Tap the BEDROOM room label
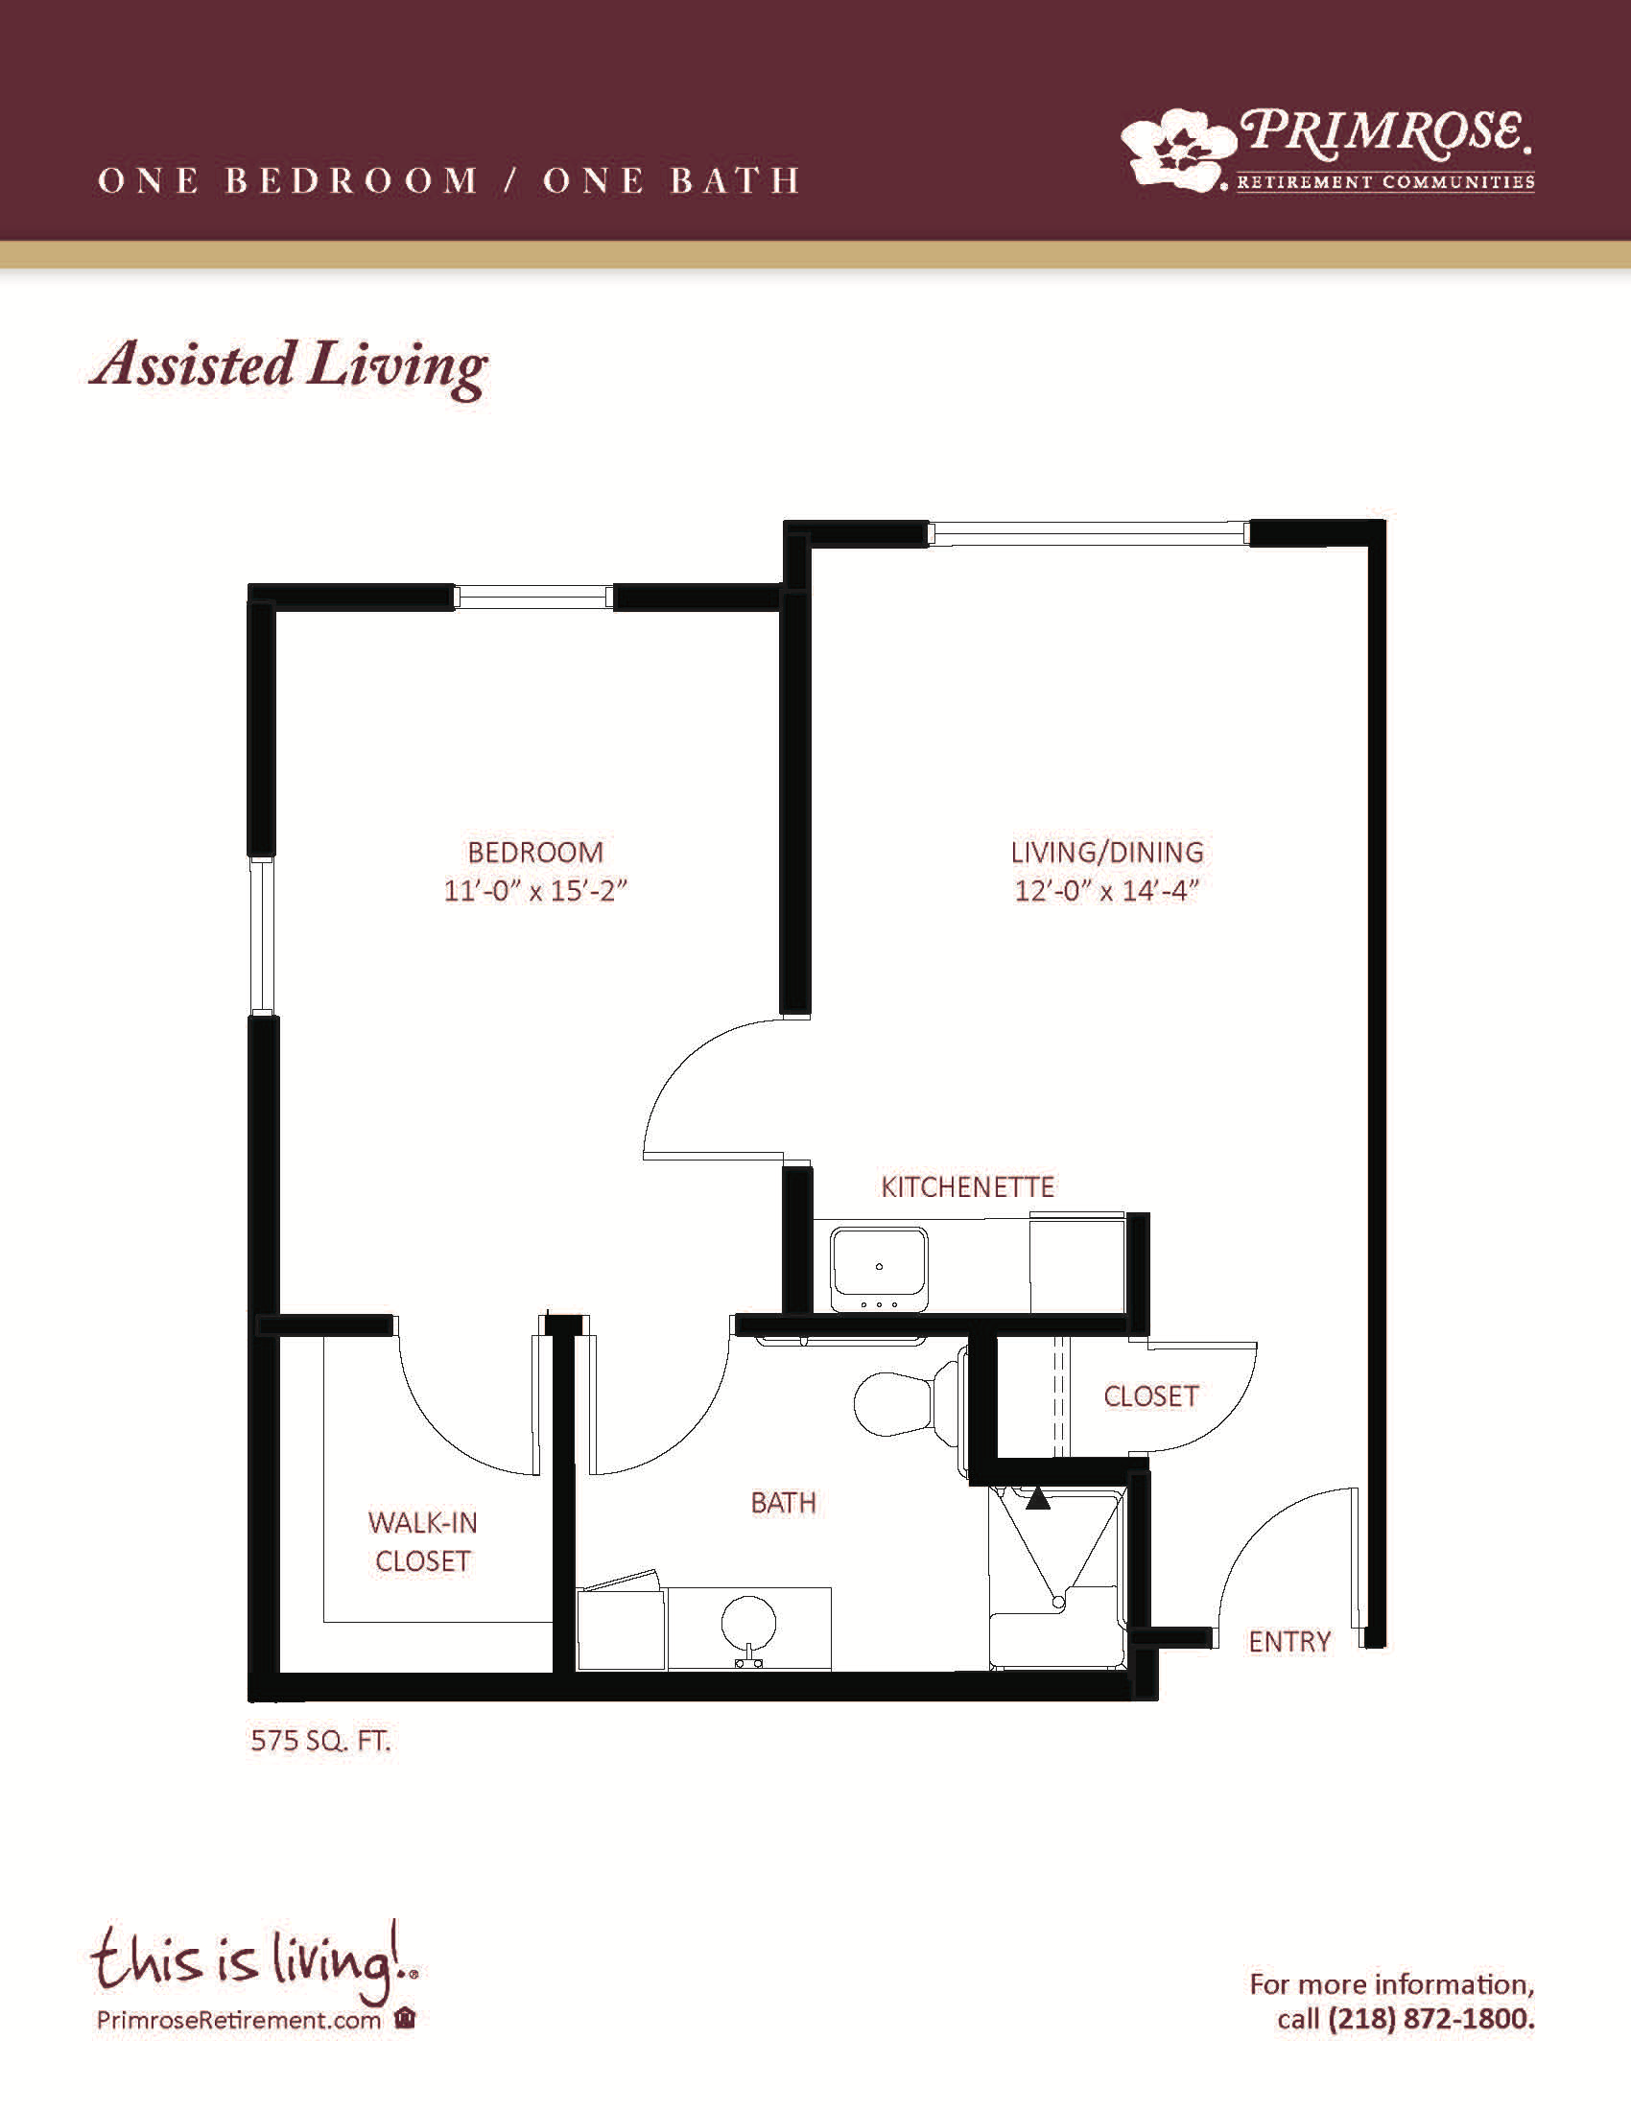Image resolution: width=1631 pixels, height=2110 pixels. (x=535, y=852)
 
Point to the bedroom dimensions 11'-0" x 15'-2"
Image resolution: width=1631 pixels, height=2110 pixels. (x=535, y=890)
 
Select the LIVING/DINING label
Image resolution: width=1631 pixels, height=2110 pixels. (x=1107, y=852)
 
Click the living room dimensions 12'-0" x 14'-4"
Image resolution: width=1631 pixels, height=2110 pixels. (x=1107, y=890)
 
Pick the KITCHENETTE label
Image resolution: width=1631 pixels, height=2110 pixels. (x=967, y=1186)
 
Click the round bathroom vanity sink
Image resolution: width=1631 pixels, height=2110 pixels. (x=748, y=1624)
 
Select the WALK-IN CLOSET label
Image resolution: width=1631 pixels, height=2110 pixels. (x=423, y=1542)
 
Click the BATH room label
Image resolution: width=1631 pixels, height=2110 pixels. (x=784, y=1502)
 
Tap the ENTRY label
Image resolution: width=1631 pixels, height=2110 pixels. (x=1288, y=1641)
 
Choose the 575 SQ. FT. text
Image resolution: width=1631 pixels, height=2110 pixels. (x=320, y=1741)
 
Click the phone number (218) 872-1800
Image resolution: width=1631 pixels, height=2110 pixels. (x=1431, y=2019)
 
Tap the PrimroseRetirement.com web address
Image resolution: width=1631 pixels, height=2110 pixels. (x=239, y=2020)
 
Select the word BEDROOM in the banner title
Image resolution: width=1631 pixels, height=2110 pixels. (x=352, y=180)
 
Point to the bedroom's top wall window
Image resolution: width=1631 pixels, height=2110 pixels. (x=533, y=598)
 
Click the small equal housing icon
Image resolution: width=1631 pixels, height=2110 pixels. (x=406, y=2019)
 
